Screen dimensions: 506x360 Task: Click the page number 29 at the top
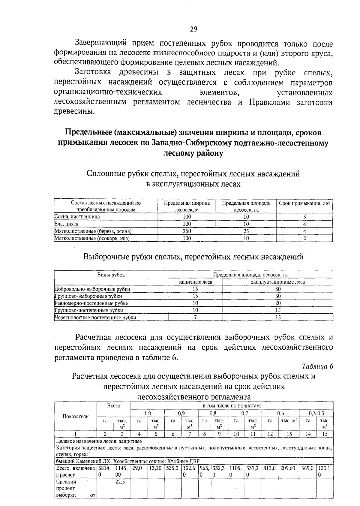coord(193,29)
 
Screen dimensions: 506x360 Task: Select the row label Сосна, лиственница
coord(77,217)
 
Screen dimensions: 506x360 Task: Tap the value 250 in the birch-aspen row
coord(187,231)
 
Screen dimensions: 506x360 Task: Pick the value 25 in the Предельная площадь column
coord(246,231)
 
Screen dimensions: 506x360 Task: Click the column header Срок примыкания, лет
coord(304,203)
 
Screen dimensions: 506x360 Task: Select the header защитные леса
coord(195,282)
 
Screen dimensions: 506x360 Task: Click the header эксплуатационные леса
coord(278,282)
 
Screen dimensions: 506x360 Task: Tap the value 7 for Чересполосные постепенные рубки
coord(195,318)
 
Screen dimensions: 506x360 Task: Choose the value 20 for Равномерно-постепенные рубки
coord(278,303)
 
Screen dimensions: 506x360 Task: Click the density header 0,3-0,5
coord(316,413)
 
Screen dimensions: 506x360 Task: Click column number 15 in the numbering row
coord(325,434)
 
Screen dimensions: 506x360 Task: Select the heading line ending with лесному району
coord(193,153)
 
